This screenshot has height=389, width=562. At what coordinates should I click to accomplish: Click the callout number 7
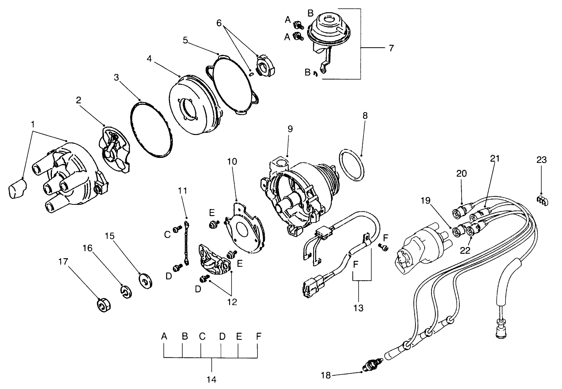391,48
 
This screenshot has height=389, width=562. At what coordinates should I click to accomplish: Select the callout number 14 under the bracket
211,379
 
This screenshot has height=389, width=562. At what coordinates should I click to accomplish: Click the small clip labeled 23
542,199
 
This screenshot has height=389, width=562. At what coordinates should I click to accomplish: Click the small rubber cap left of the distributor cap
17,189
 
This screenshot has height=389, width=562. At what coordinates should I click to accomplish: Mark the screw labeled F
384,248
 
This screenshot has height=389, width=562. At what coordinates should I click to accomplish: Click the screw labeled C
177,230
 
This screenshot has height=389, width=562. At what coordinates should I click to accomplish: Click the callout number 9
290,129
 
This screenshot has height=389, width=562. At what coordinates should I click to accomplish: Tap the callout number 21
495,158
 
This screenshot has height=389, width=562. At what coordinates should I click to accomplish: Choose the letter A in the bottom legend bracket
164,336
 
